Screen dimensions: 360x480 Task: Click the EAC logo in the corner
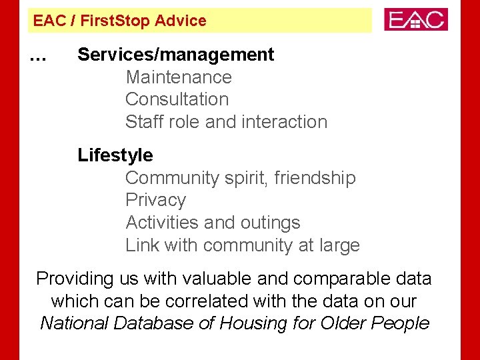[416, 19]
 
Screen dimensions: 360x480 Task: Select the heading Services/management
[176, 55]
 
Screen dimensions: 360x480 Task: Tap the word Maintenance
[179, 77]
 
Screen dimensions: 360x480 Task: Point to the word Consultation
[177, 99]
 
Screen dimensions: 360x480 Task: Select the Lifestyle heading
[115, 155]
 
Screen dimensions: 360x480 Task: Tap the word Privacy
[155, 200]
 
